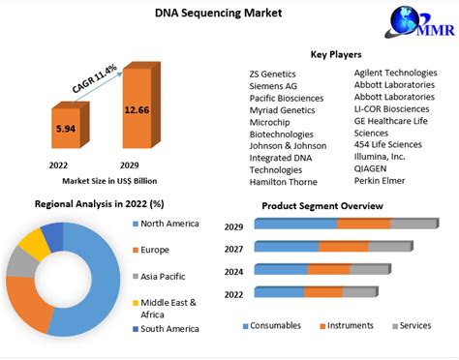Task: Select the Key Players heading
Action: click(338, 54)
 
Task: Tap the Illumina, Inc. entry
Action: click(386, 155)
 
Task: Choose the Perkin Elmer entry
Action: click(383, 181)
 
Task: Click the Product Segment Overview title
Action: click(334, 206)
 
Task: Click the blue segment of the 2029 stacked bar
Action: click(295, 225)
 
